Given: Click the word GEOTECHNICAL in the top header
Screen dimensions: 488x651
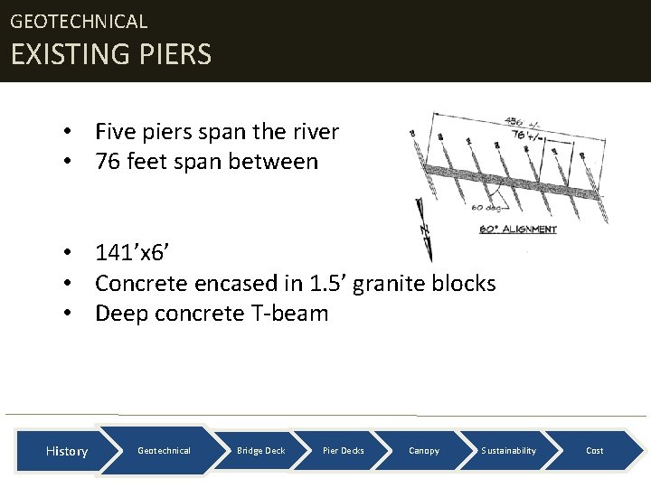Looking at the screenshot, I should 79,21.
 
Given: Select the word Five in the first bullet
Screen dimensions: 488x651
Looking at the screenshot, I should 115,132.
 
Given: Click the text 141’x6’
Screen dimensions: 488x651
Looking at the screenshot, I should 134,253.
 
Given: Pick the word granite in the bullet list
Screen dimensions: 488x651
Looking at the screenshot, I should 390,284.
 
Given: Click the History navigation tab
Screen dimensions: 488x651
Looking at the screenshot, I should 67,451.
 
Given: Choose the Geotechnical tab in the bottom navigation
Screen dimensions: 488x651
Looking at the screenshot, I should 164,450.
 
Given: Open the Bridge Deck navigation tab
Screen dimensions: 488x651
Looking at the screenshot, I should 260,450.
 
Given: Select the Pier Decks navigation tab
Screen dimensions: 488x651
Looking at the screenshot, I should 344,450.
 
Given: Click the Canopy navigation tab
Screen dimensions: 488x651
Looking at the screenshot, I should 424,450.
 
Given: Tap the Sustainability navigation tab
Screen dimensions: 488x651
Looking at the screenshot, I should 508,450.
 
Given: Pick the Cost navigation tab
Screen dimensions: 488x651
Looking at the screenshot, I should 595,450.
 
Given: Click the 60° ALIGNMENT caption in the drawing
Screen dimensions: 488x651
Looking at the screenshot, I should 517,230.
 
